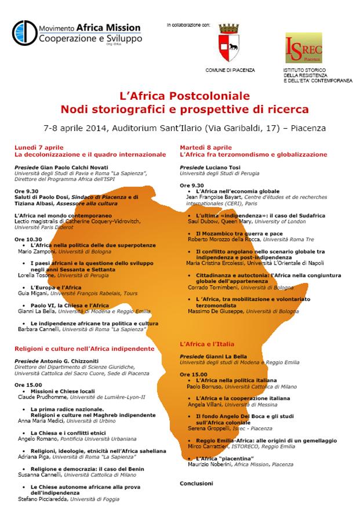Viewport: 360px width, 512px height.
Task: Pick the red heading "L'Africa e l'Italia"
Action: pos(208,344)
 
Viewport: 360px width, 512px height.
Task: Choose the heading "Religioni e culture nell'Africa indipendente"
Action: pos(85,348)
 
